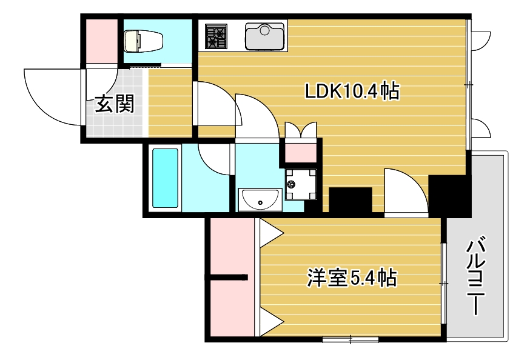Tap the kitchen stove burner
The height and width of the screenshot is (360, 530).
point(215,36)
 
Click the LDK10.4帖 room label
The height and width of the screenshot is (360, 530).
point(352,92)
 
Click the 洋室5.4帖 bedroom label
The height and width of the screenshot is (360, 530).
point(352,278)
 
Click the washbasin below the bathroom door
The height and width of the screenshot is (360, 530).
point(260,198)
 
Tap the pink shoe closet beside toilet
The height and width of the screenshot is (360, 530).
point(101,41)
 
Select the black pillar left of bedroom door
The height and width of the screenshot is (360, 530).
point(350,200)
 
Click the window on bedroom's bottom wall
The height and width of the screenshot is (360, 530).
point(350,338)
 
